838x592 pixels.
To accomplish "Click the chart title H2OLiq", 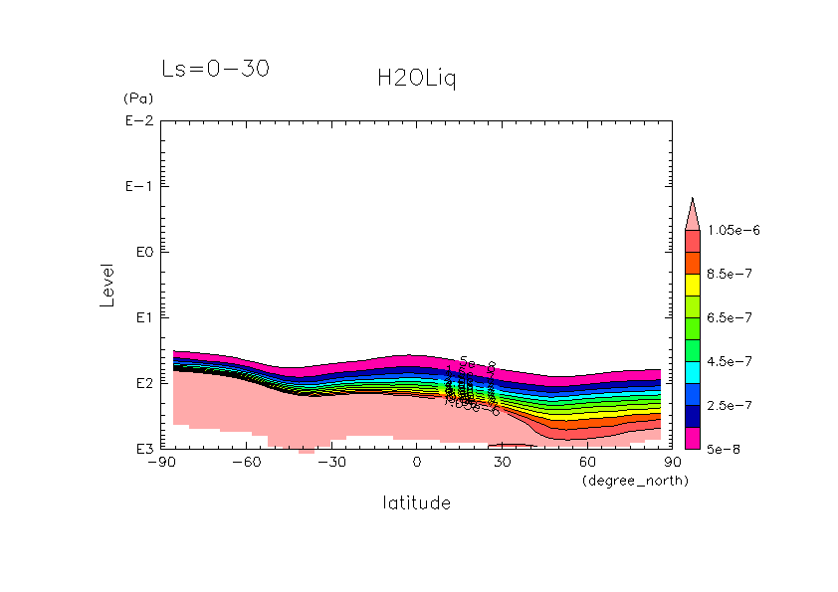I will click(417, 80).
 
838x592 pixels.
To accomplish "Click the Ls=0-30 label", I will click(216, 69).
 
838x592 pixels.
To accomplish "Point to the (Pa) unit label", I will click(137, 99).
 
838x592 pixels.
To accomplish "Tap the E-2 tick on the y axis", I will click(137, 121).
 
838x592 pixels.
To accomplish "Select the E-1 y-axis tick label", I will click(137, 187).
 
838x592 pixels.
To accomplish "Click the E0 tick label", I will click(140, 252).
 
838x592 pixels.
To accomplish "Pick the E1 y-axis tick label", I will click(140, 317).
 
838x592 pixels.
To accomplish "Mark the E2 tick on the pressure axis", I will click(140, 383).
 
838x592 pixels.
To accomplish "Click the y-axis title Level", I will click(107, 285).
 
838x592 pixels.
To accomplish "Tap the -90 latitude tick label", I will click(161, 463).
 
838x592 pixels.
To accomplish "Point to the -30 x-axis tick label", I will click(331, 463).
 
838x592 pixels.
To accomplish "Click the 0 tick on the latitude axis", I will click(417, 463).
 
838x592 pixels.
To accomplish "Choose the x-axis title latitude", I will click(417, 503).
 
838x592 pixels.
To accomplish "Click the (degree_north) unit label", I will click(635, 481).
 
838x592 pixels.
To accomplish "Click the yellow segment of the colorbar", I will click(694, 284).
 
